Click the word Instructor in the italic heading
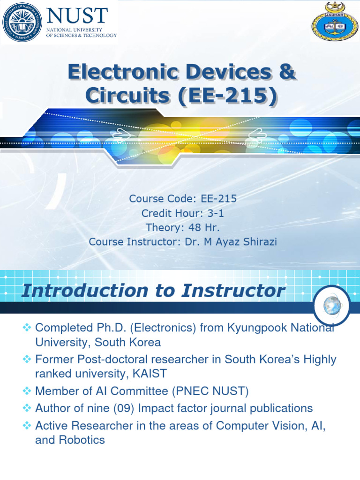coord(233,290)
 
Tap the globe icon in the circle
coord(330,305)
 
